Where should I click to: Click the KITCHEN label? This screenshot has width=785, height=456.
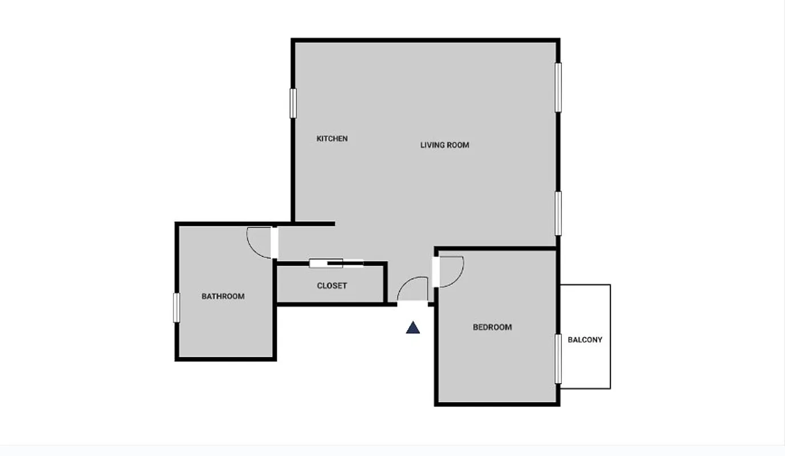pos(332,139)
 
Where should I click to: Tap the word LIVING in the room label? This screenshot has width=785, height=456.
pos(432,145)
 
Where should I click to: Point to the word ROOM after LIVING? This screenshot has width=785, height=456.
pos(458,145)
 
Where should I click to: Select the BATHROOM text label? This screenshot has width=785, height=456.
pos(223,296)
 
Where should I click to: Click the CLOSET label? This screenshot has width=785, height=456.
pos(332,286)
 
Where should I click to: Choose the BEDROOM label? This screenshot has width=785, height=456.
pos(492,327)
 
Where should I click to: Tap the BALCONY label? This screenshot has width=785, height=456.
pos(585,340)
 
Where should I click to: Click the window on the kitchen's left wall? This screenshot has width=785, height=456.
pos(293,103)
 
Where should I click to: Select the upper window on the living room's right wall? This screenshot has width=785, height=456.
pos(559,87)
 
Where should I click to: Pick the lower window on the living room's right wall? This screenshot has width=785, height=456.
pos(559,213)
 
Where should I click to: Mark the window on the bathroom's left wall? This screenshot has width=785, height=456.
pos(177,308)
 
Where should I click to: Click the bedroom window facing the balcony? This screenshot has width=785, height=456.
pos(559,359)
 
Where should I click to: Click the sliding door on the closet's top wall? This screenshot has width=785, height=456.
pos(336,263)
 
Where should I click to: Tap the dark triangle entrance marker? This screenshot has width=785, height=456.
pos(413,328)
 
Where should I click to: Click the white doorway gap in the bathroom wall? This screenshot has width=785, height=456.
pos(274,243)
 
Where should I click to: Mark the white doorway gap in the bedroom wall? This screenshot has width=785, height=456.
pos(436,272)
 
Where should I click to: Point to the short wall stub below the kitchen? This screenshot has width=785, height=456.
pos(314,223)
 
